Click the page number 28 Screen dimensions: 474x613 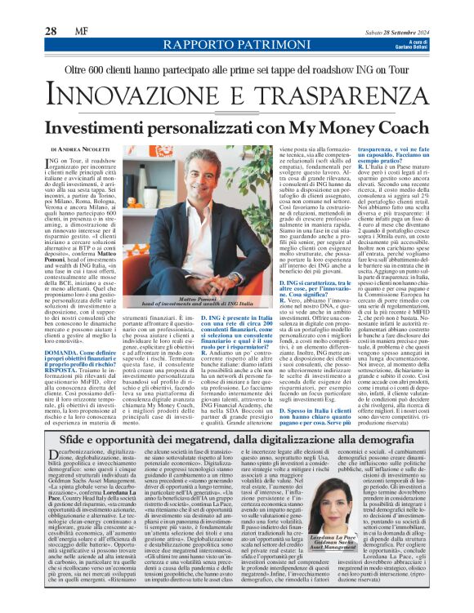(x=51, y=31)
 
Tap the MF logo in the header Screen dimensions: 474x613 (x=80, y=31)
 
